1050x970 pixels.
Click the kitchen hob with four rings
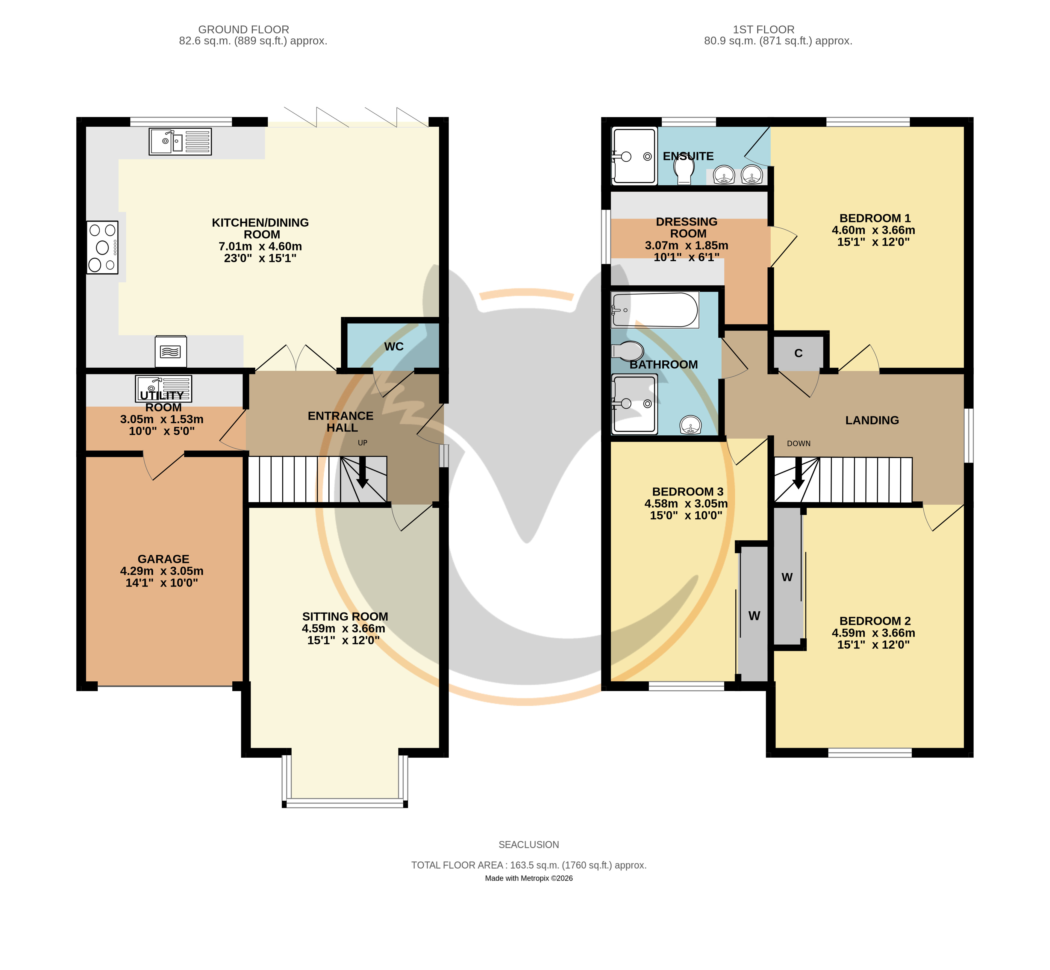(x=102, y=247)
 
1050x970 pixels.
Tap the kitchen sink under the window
(x=180, y=141)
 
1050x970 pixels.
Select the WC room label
(x=394, y=346)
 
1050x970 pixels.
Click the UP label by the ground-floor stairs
(x=362, y=442)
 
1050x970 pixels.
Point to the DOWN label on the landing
(x=799, y=443)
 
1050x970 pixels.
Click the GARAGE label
(x=163, y=559)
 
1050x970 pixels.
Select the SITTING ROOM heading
(x=345, y=616)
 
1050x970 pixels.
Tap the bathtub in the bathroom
(x=655, y=310)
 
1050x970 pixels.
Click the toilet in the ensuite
(x=684, y=169)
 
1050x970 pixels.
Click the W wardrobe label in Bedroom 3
(x=754, y=616)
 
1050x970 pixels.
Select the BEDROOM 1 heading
(x=875, y=218)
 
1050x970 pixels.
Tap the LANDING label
(x=872, y=420)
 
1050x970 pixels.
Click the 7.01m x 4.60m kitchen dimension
(x=260, y=246)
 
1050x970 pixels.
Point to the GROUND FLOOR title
(x=244, y=29)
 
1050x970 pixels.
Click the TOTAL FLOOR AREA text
(x=529, y=865)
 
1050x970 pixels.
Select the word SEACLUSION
(x=529, y=845)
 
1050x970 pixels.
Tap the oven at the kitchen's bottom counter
(x=171, y=351)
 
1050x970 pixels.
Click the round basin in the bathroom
(x=690, y=425)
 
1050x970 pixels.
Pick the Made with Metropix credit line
(x=529, y=878)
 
